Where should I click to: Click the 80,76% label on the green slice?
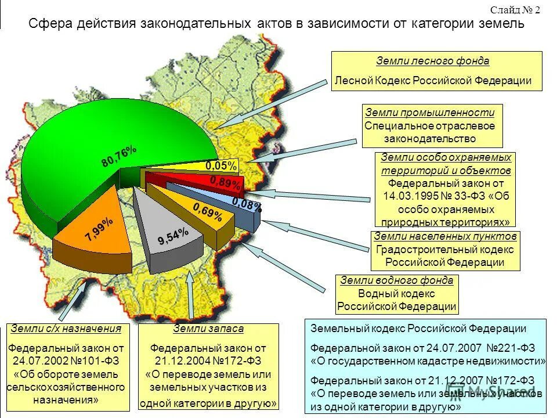[119, 156]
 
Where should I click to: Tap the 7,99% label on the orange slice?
[99, 229]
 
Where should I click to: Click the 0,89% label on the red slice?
[225, 183]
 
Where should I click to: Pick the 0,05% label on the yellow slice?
[221, 166]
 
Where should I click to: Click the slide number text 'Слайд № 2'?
[515, 10]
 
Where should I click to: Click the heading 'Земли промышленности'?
[430, 113]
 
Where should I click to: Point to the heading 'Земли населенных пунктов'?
[445, 236]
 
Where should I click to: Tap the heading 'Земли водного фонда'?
[397, 280]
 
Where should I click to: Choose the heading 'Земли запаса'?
[208, 329]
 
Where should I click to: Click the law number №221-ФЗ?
[506, 348]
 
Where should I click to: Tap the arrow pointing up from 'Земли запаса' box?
[192, 296]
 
